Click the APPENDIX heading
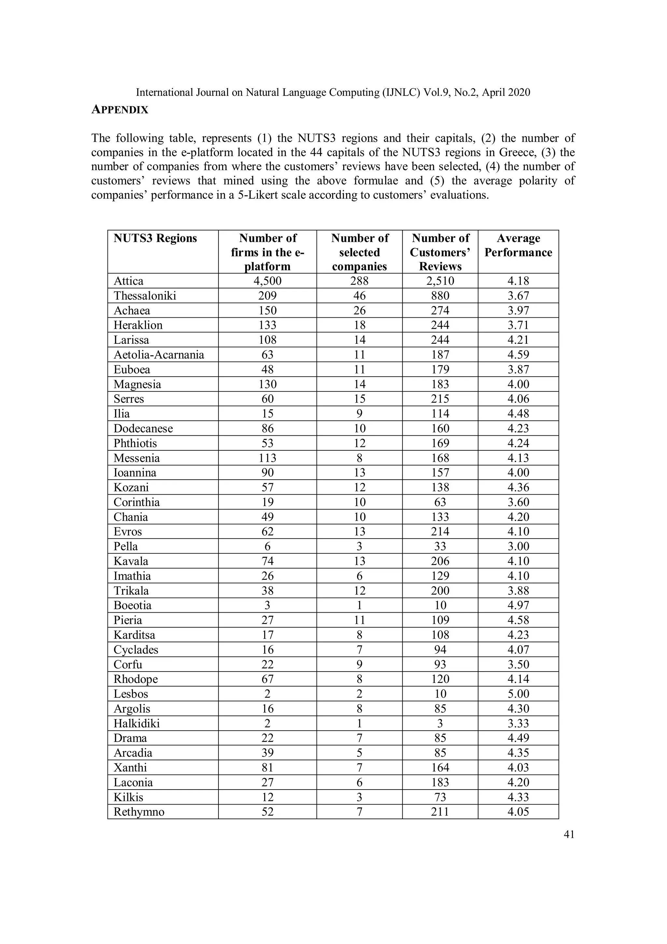coord(120,110)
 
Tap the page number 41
coord(569,834)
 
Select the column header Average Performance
coord(518,245)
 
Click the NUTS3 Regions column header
coord(155,238)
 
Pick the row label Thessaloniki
coord(145,296)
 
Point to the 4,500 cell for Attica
coord(267,281)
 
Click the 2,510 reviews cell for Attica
coord(440,281)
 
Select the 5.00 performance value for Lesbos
coord(518,694)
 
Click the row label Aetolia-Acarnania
coord(159,355)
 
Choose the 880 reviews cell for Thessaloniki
coord(440,296)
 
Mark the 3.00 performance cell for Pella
coord(518,546)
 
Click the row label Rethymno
coord(139,812)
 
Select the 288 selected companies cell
coord(359,281)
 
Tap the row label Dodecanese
coord(143,428)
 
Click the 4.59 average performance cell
coord(518,355)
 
